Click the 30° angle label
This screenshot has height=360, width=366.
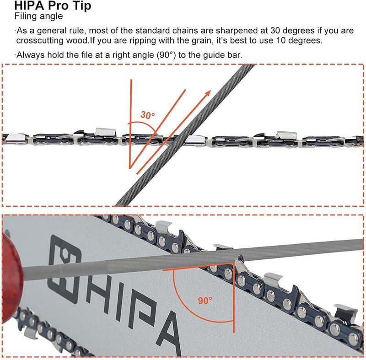(x=147, y=115)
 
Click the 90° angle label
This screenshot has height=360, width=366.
(x=205, y=301)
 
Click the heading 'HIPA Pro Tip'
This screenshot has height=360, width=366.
(x=52, y=6)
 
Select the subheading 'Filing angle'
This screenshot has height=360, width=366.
(x=38, y=17)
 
